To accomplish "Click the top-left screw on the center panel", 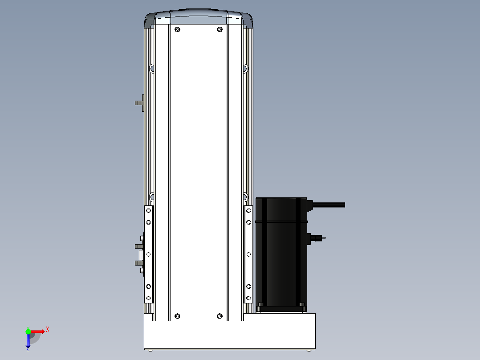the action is (x=177, y=29).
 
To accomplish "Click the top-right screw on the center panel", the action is (x=220, y=29).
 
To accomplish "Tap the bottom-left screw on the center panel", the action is (x=177, y=316).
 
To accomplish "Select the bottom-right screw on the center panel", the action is (x=220, y=316).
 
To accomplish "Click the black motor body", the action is (x=281, y=254).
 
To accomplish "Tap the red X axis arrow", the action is (x=38, y=331).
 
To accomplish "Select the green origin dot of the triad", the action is (x=28, y=331).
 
